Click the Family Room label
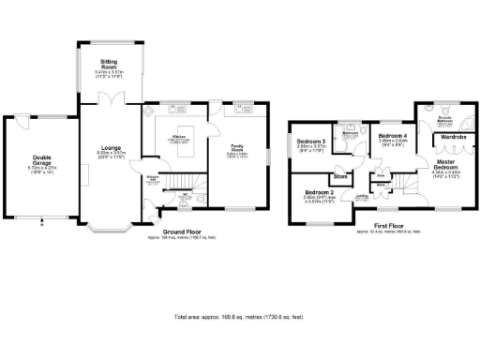tap(237, 147)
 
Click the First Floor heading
tap(376, 227)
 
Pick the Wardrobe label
tap(453, 137)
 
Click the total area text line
tap(240, 318)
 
